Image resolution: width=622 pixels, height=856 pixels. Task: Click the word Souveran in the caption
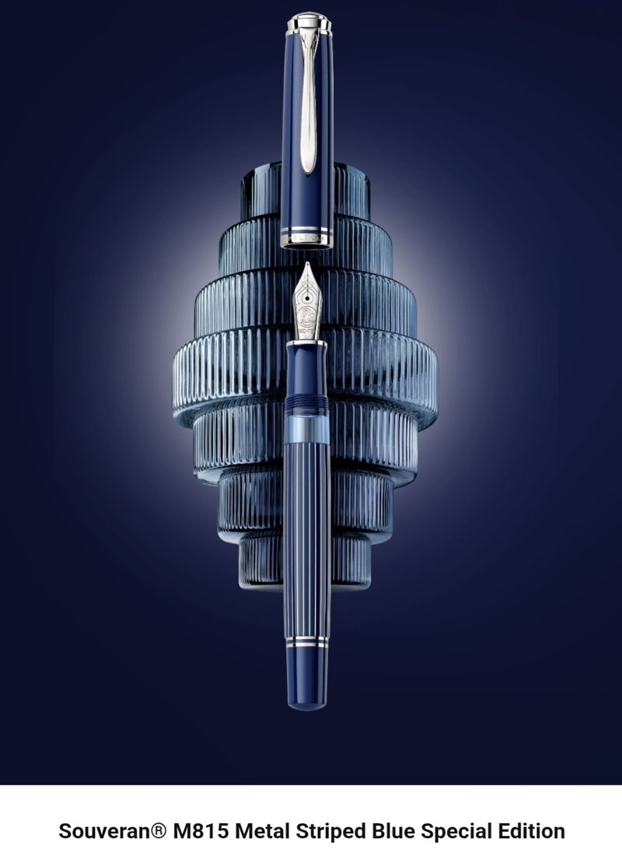tap(104, 831)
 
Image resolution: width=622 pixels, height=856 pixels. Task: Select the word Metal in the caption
tap(263, 831)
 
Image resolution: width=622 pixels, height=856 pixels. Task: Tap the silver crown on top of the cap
tap(309, 23)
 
